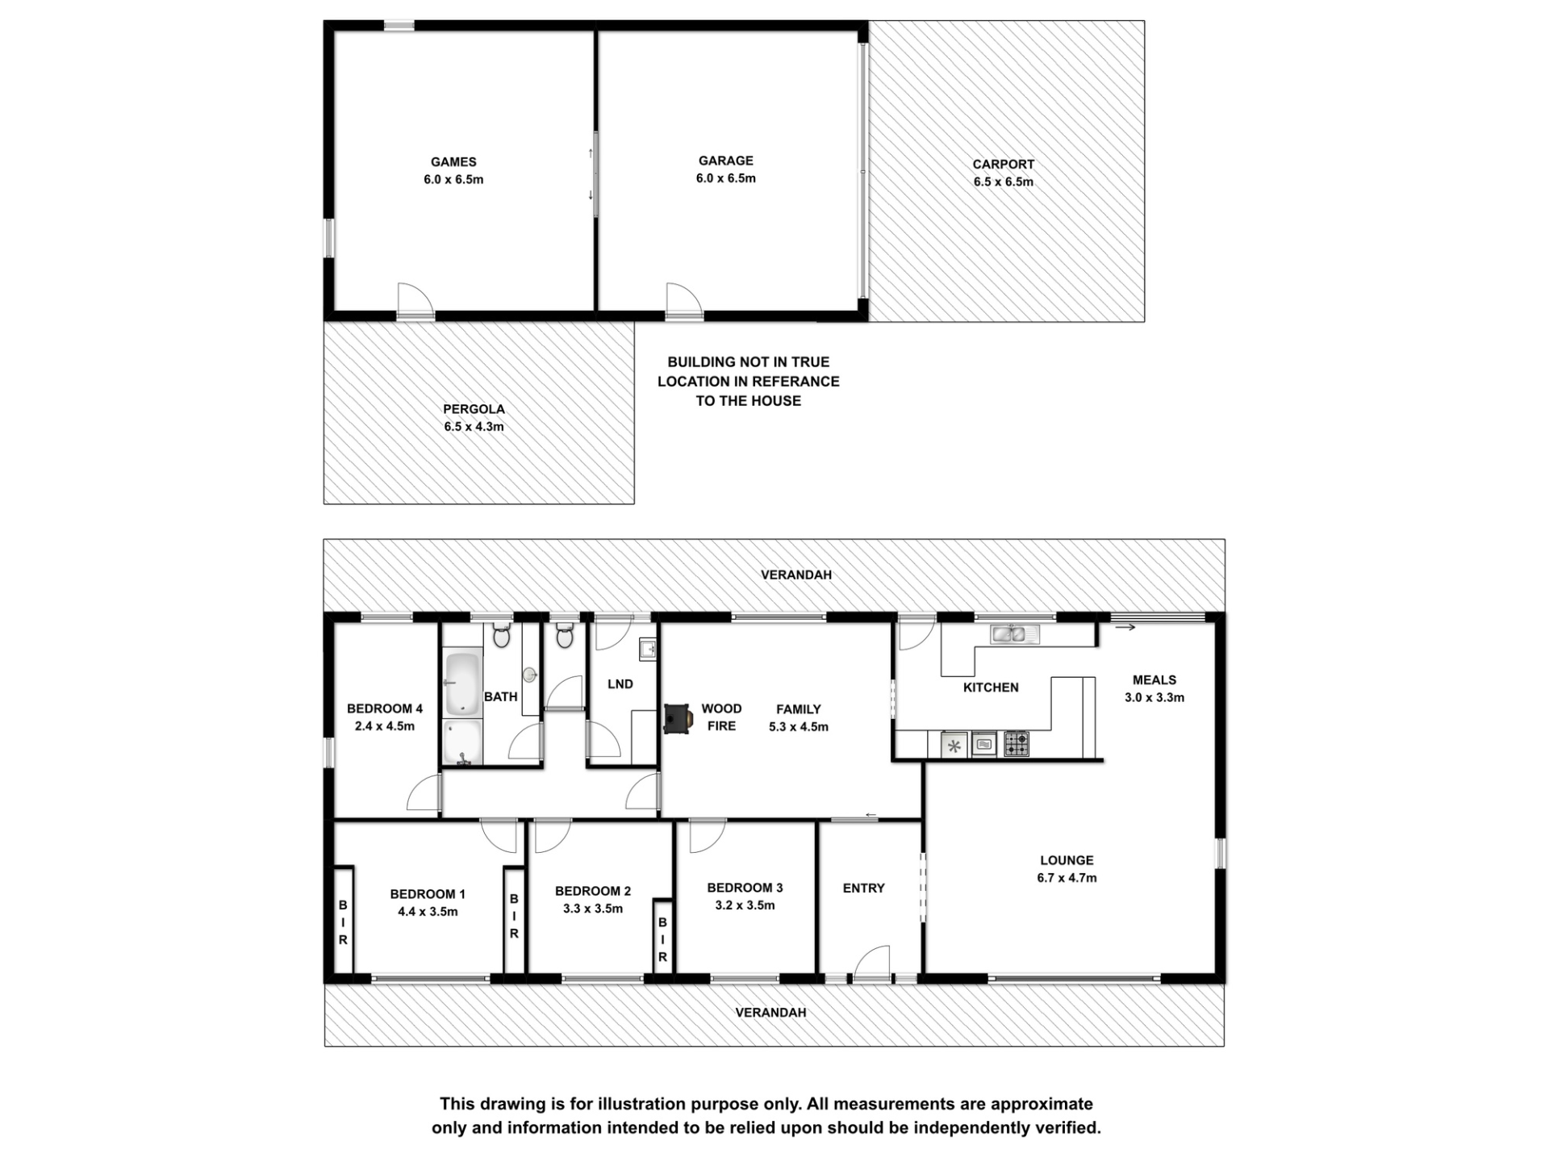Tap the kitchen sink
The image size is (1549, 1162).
(x=1015, y=634)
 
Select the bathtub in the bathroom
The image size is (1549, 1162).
(x=463, y=684)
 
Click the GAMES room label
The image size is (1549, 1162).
(x=453, y=162)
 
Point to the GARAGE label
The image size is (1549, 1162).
(x=726, y=161)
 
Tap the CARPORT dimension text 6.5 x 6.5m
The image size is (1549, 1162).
(x=1003, y=182)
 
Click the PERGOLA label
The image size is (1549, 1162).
(x=474, y=409)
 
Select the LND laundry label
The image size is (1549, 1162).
(x=620, y=684)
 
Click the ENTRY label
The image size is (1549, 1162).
(x=863, y=888)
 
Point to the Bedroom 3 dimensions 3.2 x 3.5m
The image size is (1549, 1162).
(x=745, y=905)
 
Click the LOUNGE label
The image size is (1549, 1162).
(x=1067, y=860)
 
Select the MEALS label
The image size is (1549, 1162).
(x=1154, y=680)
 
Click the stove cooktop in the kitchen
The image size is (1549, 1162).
(x=1017, y=744)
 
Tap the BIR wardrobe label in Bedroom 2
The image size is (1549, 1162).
(x=662, y=939)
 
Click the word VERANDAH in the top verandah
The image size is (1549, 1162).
(x=796, y=575)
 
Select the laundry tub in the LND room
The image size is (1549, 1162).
(x=647, y=649)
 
